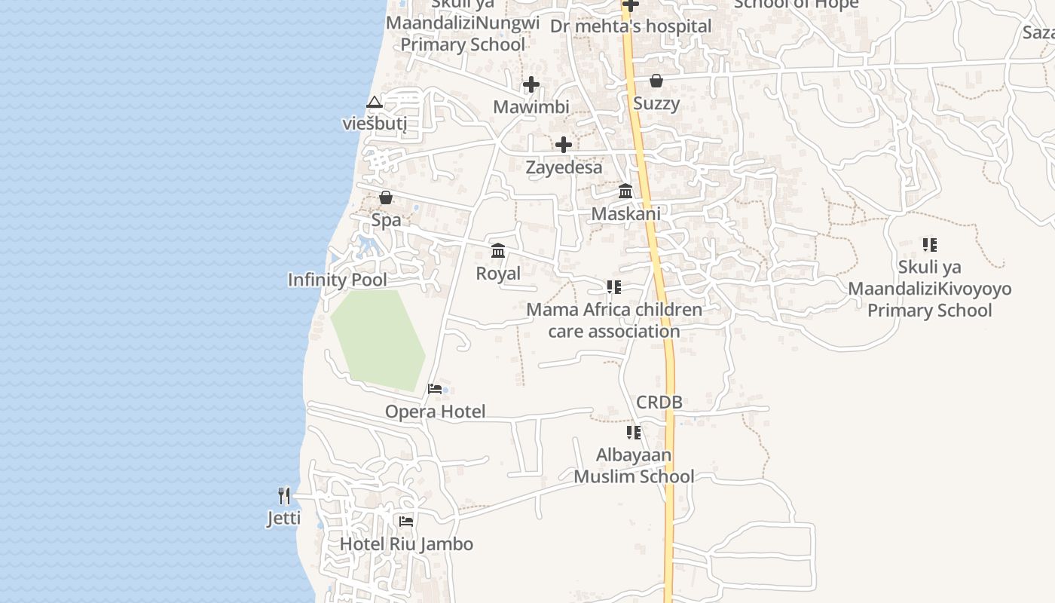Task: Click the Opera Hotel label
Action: pyautogui.click(x=435, y=412)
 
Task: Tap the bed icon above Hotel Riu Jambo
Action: pyautogui.click(x=406, y=521)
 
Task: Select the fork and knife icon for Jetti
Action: pyautogui.click(x=284, y=495)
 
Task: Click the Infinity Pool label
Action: pyautogui.click(x=337, y=280)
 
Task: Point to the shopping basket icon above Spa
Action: pyautogui.click(x=386, y=197)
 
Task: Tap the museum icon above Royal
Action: pyautogui.click(x=498, y=250)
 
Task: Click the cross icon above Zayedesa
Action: pyautogui.click(x=563, y=145)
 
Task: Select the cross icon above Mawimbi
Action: pyautogui.click(x=531, y=84)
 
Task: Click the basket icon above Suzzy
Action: pyautogui.click(x=656, y=81)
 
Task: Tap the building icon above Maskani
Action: pyautogui.click(x=625, y=191)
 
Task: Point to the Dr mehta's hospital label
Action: pyautogui.click(x=630, y=26)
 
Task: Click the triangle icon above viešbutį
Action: pyautogui.click(x=375, y=102)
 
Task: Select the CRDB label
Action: pyautogui.click(x=659, y=402)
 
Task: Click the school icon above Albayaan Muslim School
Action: pyautogui.click(x=634, y=433)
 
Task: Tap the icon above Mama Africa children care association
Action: pyautogui.click(x=614, y=287)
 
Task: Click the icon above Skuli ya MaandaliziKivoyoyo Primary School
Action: pyautogui.click(x=930, y=245)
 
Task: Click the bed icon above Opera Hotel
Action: pyautogui.click(x=435, y=389)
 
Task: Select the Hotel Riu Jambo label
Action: pyautogui.click(x=406, y=543)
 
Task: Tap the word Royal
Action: pyautogui.click(x=498, y=273)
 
